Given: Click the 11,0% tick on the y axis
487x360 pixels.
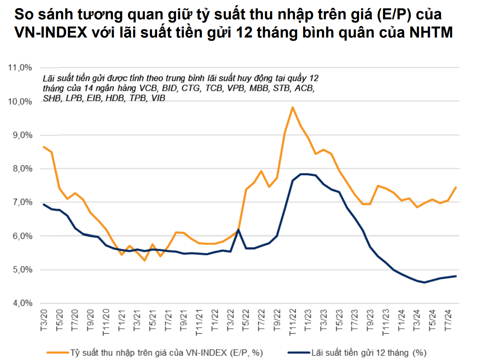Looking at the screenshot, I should click(x=20, y=68).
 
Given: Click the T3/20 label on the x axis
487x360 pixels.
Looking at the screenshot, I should click(x=44, y=320).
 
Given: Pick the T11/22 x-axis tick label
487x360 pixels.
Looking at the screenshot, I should click(x=293, y=322).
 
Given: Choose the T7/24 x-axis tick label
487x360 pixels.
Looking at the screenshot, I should click(x=448, y=320).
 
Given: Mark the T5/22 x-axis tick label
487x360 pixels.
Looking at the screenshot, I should click(x=246, y=320).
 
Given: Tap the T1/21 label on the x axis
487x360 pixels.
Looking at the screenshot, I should click(x=122, y=320).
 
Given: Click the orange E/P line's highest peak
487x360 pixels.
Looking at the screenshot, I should click(x=293, y=107).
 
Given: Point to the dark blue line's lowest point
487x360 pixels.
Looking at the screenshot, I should click(x=424, y=282).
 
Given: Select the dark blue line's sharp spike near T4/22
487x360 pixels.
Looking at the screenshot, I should click(x=238, y=230).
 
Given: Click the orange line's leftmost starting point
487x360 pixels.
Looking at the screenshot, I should click(x=44, y=147).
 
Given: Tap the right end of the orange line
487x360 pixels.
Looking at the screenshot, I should click(x=456, y=187).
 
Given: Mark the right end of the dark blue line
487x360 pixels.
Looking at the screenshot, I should click(x=456, y=276).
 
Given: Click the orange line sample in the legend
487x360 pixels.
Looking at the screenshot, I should click(x=58, y=352).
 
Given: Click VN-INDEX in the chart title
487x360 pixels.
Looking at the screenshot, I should click(x=51, y=33).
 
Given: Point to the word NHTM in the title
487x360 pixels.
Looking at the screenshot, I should click(x=431, y=33).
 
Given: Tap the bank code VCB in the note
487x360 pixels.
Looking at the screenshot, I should click(x=148, y=88).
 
